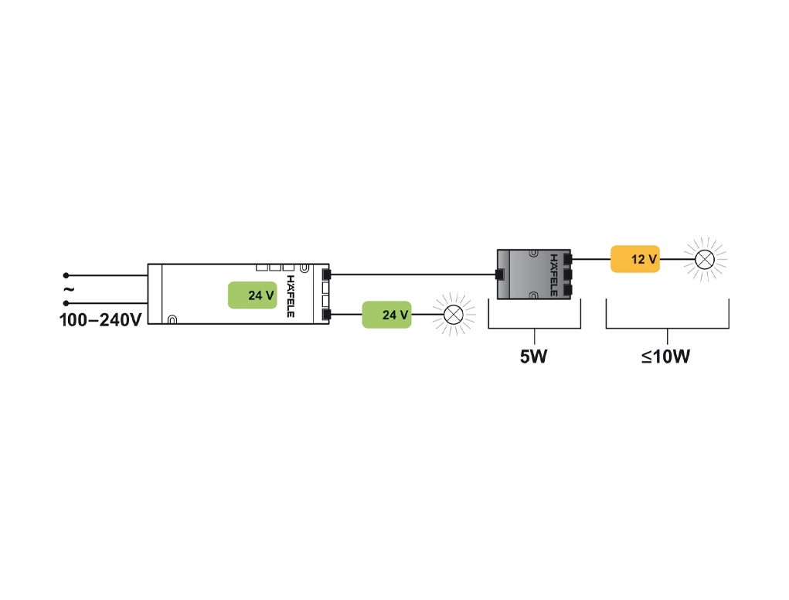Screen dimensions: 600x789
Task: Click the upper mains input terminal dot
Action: [x=66, y=274]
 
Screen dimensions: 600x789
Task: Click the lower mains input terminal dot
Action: [x=66, y=302]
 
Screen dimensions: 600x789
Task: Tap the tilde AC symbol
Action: [x=68, y=289]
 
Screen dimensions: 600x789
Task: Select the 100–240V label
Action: [x=100, y=319]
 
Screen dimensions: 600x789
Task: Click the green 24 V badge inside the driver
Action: [x=252, y=295]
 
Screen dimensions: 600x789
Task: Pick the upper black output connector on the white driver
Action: [x=326, y=274]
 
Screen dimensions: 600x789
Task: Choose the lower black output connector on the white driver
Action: [x=326, y=314]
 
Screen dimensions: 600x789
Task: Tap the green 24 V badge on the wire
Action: [x=386, y=315]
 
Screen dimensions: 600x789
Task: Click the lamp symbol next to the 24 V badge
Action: [x=454, y=314]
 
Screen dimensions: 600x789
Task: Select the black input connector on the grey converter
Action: [x=498, y=274]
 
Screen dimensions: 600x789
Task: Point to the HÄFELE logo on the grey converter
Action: [x=553, y=274]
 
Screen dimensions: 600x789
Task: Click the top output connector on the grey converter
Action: [x=568, y=259]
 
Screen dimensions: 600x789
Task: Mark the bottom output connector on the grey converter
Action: [x=568, y=290]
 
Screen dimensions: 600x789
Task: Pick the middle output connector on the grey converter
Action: [x=568, y=274]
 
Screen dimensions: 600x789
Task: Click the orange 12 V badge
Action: [x=635, y=259]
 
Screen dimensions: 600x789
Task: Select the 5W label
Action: [x=534, y=358]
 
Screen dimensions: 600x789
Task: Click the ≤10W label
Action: [x=666, y=358]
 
